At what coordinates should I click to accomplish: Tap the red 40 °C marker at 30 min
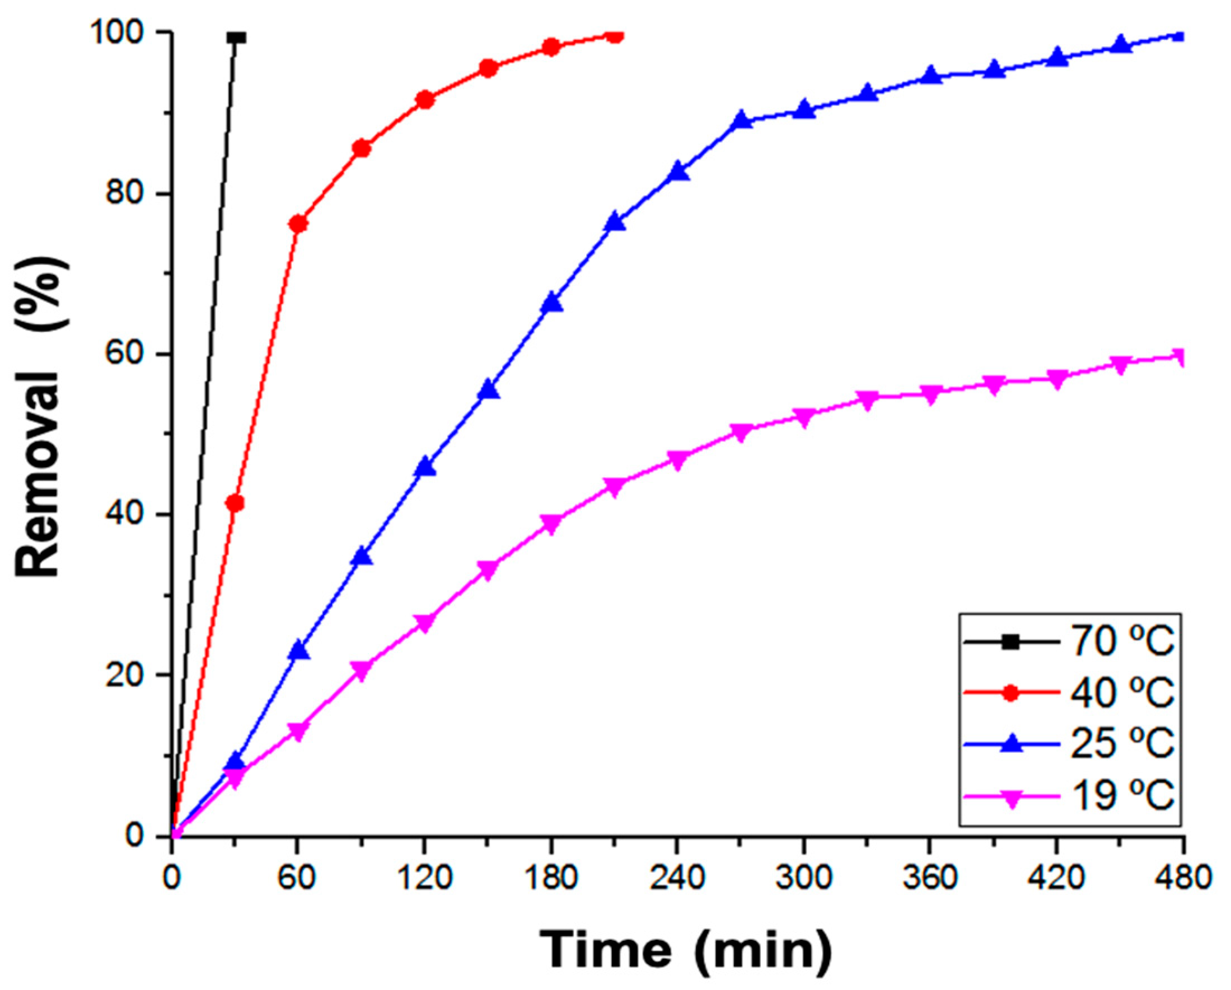coord(235,503)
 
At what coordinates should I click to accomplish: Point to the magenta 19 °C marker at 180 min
coord(551,523)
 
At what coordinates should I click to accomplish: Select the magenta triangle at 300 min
coord(804,418)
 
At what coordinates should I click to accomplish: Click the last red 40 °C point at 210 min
coord(614,36)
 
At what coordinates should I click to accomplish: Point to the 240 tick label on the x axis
coord(677,878)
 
